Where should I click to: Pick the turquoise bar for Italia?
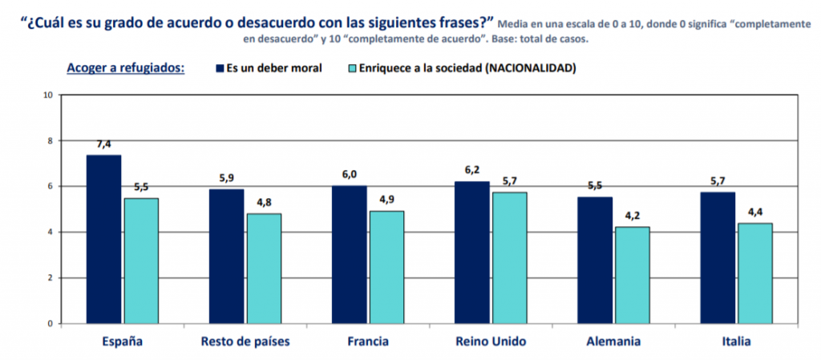point(755,273)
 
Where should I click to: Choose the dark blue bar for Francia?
point(350,254)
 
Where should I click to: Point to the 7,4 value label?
point(104,144)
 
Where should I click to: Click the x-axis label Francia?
point(368,342)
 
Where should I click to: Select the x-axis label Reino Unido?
point(490,342)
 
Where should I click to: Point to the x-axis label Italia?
point(736,342)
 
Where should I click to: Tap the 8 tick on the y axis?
point(51,141)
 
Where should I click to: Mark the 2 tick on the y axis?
point(51,278)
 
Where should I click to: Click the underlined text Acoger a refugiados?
point(126,67)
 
